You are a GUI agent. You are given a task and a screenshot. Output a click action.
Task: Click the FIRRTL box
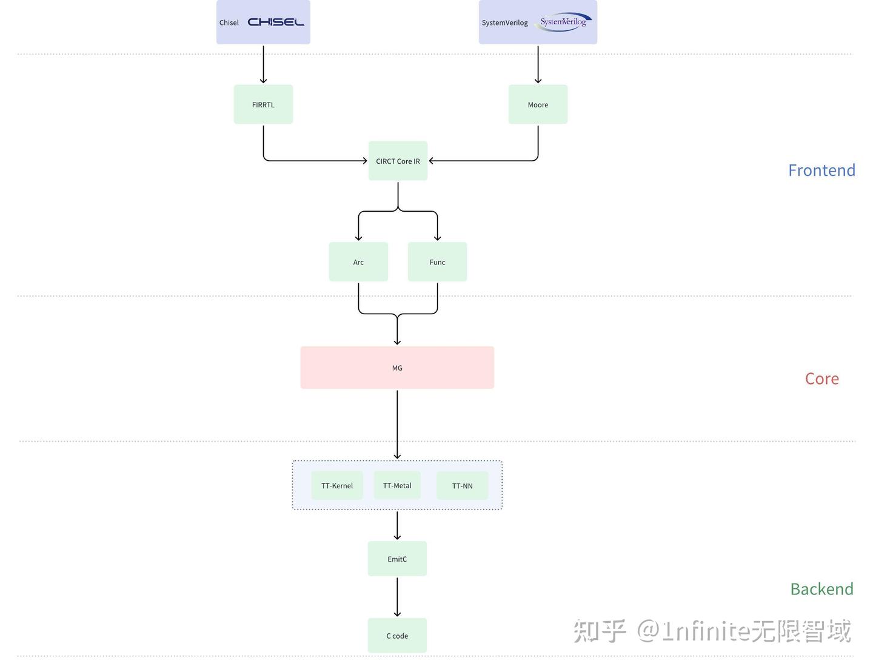pos(263,104)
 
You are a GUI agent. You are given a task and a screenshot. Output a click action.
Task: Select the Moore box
pos(538,104)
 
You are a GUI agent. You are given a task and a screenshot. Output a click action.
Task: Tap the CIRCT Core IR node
pos(398,161)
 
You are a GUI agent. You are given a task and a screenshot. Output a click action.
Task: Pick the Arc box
pos(358,262)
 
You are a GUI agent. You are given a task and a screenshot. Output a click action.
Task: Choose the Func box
pos(437,262)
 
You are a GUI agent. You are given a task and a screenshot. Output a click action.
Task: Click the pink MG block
pos(397,368)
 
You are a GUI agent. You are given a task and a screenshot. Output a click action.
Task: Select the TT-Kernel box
pos(337,485)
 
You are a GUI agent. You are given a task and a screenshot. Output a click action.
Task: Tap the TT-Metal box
pos(397,485)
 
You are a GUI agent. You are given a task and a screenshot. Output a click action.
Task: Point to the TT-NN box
pos(462,485)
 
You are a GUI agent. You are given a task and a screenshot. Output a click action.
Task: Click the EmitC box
pos(397,559)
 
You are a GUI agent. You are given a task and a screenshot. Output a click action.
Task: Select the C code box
pos(397,636)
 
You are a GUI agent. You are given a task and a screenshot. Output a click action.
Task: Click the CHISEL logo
pos(276,22)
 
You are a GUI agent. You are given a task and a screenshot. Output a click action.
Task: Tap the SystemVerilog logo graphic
pos(563,22)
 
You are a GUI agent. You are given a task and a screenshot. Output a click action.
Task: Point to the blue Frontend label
pos(821,170)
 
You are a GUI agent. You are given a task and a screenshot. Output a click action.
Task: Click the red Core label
pos(821,378)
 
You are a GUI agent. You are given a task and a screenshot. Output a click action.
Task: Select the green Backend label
pos(821,589)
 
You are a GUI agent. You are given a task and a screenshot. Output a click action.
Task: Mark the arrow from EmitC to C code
pos(397,597)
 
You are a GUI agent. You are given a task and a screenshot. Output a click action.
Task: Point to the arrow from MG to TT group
pos(397,425)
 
